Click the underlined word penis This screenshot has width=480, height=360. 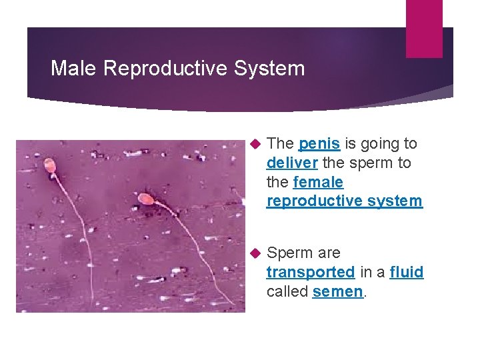coord(320,143)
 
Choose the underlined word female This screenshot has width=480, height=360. coord(318,182)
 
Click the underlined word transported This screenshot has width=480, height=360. coord(311,272)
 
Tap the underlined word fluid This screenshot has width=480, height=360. coord(407,272)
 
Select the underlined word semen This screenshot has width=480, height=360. coord(338,291)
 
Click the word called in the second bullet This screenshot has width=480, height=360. coord(287,291)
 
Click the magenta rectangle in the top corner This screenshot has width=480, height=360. coord(424,28)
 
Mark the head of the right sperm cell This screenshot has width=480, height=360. coord(145,199)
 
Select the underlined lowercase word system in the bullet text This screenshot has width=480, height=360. coord(397,201)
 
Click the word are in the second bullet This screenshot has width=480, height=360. coord(329,253)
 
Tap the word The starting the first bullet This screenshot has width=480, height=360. coord(280,143)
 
